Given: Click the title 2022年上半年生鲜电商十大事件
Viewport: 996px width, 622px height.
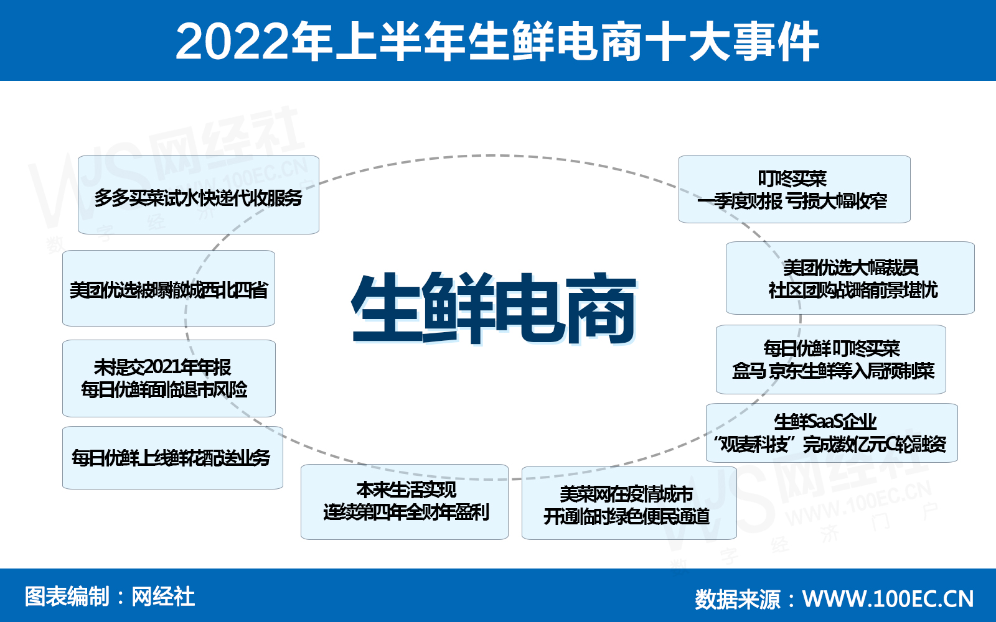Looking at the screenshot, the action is click(x=497, y=42).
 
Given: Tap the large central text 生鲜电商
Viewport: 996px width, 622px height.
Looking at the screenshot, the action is click(x=494, y=309).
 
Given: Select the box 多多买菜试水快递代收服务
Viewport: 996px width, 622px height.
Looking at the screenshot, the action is click(x=199, y=195).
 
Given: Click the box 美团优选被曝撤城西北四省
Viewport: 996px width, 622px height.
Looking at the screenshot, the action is click(x=169, y=289).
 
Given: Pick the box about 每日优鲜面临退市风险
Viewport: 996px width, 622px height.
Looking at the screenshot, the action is click(x=169, y=379).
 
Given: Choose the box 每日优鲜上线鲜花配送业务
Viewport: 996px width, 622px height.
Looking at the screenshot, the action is click(x=172, y=458).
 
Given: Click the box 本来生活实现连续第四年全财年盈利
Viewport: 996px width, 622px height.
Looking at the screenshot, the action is click(x=405, y=502).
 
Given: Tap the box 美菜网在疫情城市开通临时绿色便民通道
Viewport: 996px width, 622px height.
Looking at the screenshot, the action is click(x=629, y=503).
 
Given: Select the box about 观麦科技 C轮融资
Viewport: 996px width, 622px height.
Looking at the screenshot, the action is click(x=832, y=433).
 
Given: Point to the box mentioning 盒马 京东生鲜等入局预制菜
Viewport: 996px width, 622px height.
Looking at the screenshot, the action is click(x=831, y=360).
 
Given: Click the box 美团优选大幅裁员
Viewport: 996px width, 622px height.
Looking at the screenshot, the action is click(x=850, y=278).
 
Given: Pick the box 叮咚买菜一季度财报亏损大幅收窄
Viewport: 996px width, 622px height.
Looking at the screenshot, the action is click(x=794, y=189).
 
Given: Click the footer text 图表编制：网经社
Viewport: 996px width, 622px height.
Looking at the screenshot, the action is click(x=110, y=596).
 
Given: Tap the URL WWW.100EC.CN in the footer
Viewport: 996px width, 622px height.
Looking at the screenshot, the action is click(x=888, y=599).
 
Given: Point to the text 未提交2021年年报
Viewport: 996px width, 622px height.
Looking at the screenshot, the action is click(x=162, y=368).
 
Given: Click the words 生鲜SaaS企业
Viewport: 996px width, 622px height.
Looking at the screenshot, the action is click(x=825, y=422).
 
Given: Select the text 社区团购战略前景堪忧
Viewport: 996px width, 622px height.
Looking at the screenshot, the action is click(x=853, y=290).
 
